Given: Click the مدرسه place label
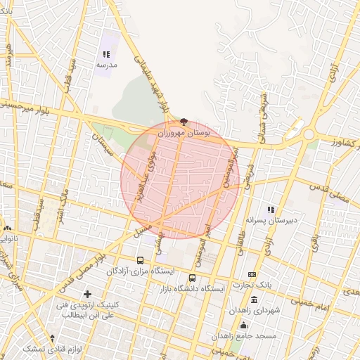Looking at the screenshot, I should click(106, 64).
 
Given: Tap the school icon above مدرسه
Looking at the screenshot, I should click(106, 54).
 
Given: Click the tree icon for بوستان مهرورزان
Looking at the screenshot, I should click(184, 121).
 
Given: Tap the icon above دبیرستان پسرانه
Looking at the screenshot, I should click(271, 210).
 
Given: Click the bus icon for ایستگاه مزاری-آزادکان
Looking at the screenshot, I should click(141, 260).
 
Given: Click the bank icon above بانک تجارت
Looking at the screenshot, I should click(252, 274).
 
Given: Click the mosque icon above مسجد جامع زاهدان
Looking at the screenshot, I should click(244, 325).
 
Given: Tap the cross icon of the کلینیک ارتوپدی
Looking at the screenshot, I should click(87, 294).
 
